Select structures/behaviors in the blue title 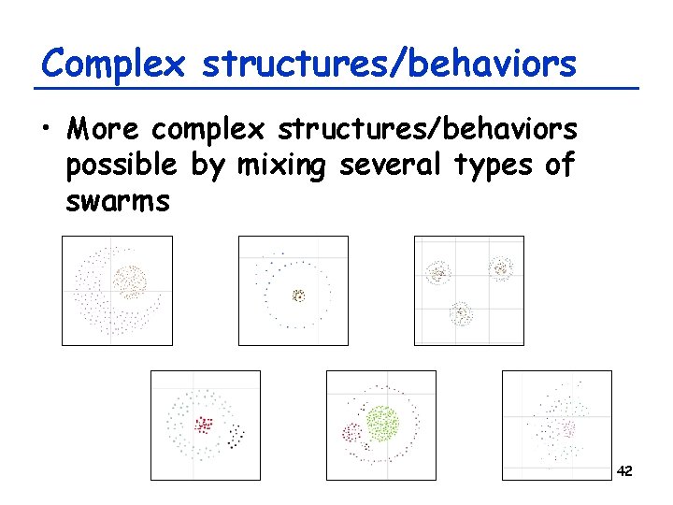point(389,65)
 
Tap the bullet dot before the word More point(47,128)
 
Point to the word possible point(121,166)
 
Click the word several point(392,166)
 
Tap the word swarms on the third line point(118,201)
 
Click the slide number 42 point(625,471)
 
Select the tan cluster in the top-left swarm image point(131,281)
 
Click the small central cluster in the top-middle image point(298,296)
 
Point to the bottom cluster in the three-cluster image point(460,313)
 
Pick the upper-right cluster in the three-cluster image point(501,269)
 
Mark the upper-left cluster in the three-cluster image point(437,273)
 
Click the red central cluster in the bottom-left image point(204,425)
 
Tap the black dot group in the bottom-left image point(238,435)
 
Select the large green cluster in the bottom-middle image point(382,423)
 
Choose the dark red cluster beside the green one point(352,433)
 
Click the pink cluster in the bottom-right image point(566,429)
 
